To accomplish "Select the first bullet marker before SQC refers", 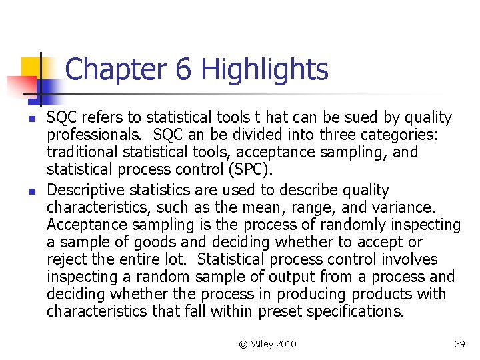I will [23, 119].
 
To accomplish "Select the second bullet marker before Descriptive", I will [23, 191].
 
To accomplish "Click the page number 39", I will [459, 344].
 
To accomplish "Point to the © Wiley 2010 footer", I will [267, 344].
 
